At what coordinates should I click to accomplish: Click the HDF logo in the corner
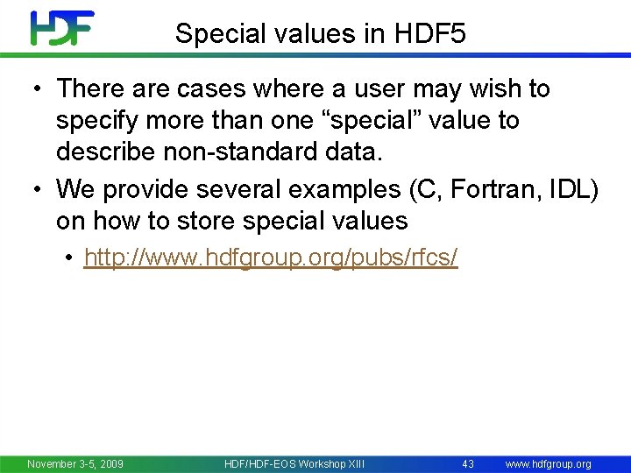(62, 28)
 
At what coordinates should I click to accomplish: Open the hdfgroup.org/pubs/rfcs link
(271, 258)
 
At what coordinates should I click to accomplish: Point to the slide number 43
(468, 463)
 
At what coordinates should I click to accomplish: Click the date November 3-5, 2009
(75, 463)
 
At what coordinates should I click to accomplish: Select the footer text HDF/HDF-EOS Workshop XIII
(294, 463)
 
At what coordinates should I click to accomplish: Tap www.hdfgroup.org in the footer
(549, 463)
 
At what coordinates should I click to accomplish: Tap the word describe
(110, 152)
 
